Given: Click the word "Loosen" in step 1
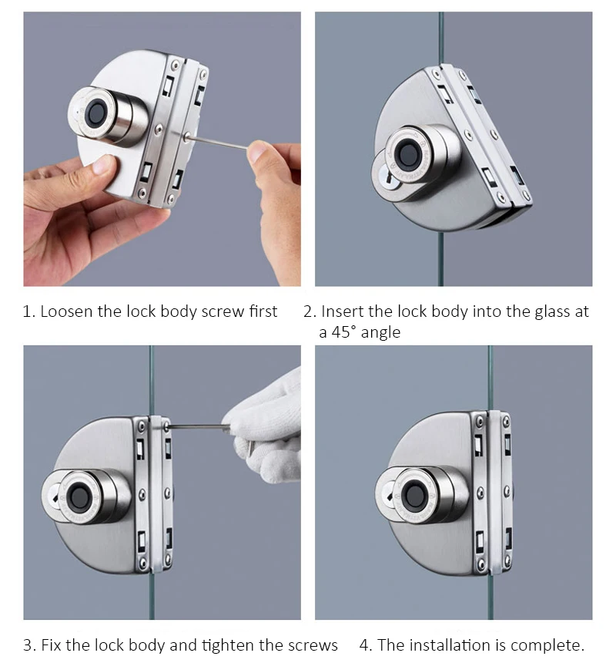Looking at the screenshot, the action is coord(66,311).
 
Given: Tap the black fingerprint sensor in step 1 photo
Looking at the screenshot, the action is coord(97,113).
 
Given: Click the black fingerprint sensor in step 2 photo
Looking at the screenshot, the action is coord(409,153).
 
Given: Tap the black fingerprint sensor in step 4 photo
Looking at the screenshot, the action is coord(413,495).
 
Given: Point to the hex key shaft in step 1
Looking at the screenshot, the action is coord(218,142).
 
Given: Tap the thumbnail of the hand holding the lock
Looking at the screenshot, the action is coord(102,164).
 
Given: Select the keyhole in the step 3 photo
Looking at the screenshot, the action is coord(54,496).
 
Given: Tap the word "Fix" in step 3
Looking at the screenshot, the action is coord(51,645).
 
